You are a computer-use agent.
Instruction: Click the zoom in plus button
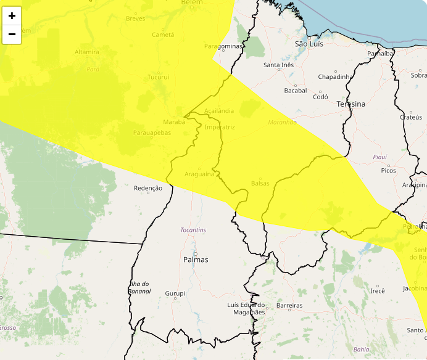coord(12,16)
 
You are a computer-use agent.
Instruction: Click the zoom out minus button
coord(12,35)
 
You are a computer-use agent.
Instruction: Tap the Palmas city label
coord(196,260)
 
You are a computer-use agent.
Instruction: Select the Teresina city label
coord(350,104)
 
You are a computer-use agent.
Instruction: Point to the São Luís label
coord(309,44)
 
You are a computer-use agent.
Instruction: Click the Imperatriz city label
coord(220,127)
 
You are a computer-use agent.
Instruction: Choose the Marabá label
coord(174,122)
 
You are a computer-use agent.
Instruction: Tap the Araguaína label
coord(198,174)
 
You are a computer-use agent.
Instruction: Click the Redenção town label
coord(148,188)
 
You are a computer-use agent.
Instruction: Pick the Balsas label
coord(261,184)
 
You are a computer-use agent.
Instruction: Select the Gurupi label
coord(175,294)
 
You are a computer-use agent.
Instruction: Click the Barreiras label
coord(289,306)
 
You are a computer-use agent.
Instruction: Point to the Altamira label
coord(86,52)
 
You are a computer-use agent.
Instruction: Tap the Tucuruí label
coord(159,77)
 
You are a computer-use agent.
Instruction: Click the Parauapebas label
coord(152,133)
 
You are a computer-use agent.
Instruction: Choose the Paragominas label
coord(223,47)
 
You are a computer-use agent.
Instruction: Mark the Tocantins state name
coord(193,230)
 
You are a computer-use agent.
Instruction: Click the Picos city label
coord(388,170)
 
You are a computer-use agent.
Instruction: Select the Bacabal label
coord(295,91)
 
